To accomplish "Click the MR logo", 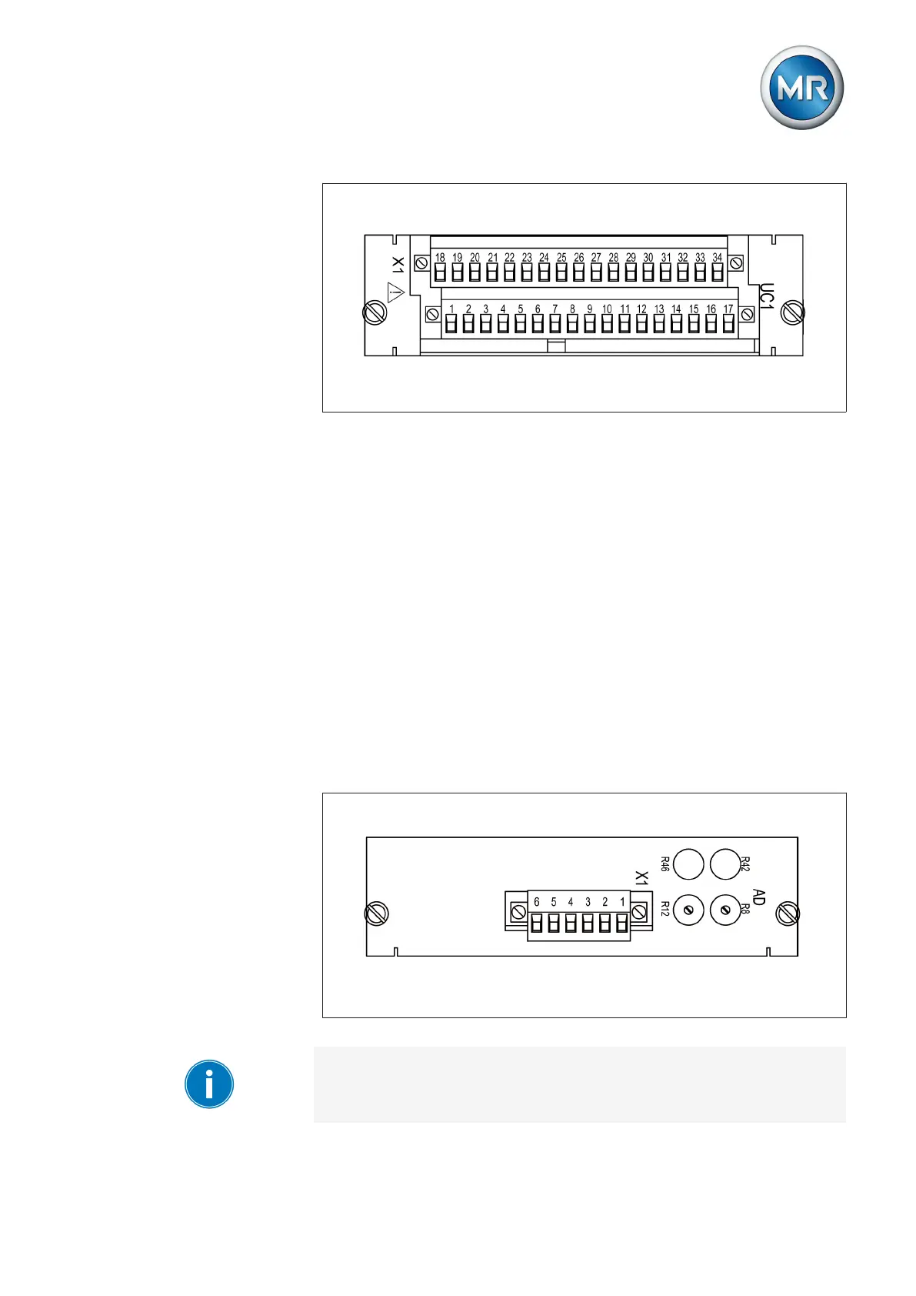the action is pos(801,88).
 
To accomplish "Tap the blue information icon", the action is pos(208,1084).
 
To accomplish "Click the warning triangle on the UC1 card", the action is pos(395,293).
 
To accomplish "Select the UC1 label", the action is pos(766,296).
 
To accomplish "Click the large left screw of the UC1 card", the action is pos(375,313).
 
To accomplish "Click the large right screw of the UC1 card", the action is pos(792,312).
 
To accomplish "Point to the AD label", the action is pos(759,897).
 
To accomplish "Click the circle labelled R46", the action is pos(688,864).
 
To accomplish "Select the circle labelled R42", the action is pos(724,864).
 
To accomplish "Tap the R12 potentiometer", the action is pos(688,911).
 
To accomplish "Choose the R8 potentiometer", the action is pos(724,911).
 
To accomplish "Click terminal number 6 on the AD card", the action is pos(537,923).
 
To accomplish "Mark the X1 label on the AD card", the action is pos(641,878).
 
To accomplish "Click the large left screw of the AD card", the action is pos(376,914).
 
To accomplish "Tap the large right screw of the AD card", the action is pos(788,914).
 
